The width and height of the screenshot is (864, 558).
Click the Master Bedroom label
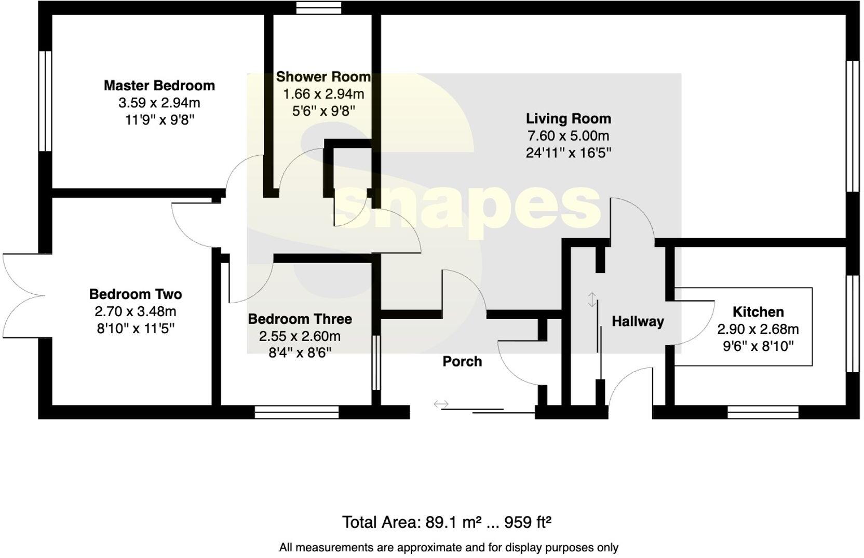[159, 86]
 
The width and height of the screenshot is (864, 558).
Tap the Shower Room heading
[323, 77]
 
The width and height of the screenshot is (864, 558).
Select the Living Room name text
[568, 118]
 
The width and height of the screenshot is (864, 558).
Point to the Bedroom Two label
[136, 294]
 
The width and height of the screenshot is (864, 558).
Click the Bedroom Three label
[300, 319]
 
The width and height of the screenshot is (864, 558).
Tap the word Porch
[462, 361]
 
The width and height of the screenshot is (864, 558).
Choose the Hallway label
[638, 322]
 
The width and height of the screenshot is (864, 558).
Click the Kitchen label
[758, 311]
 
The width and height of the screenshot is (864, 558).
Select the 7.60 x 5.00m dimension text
[568, 136]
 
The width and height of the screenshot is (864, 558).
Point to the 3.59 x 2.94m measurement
[159, 103]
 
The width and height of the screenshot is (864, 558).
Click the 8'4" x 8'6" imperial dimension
[300, 353]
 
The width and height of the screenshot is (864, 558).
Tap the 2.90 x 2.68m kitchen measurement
[758, 329]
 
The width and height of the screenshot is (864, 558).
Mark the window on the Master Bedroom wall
[45, 101]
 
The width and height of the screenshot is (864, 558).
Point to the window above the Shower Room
[319, 8]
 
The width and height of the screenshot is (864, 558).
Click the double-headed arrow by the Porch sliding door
[441, 404]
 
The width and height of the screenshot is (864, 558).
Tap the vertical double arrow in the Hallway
[592, 300]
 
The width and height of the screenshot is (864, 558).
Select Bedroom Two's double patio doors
[23, 296]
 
